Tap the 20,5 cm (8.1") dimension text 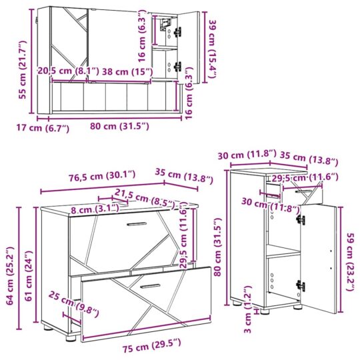click(69, 71)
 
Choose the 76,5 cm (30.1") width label click(103, 174)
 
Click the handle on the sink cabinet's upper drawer click(136, 223)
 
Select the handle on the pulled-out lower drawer click(147, 285)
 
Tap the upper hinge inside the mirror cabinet click(177, 31)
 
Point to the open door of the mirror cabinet click(190, 43)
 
